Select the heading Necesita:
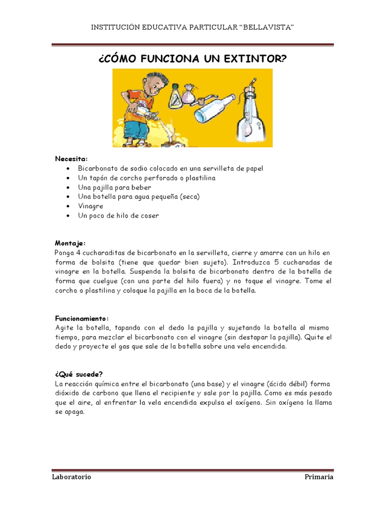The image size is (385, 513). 71,159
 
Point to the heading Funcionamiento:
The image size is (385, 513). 82,319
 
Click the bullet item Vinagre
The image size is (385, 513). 91,206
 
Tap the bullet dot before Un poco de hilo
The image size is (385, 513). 68,216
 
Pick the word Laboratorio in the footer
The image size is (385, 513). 72,477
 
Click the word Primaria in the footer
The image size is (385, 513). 319,477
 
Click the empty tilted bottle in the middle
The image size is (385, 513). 217,106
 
